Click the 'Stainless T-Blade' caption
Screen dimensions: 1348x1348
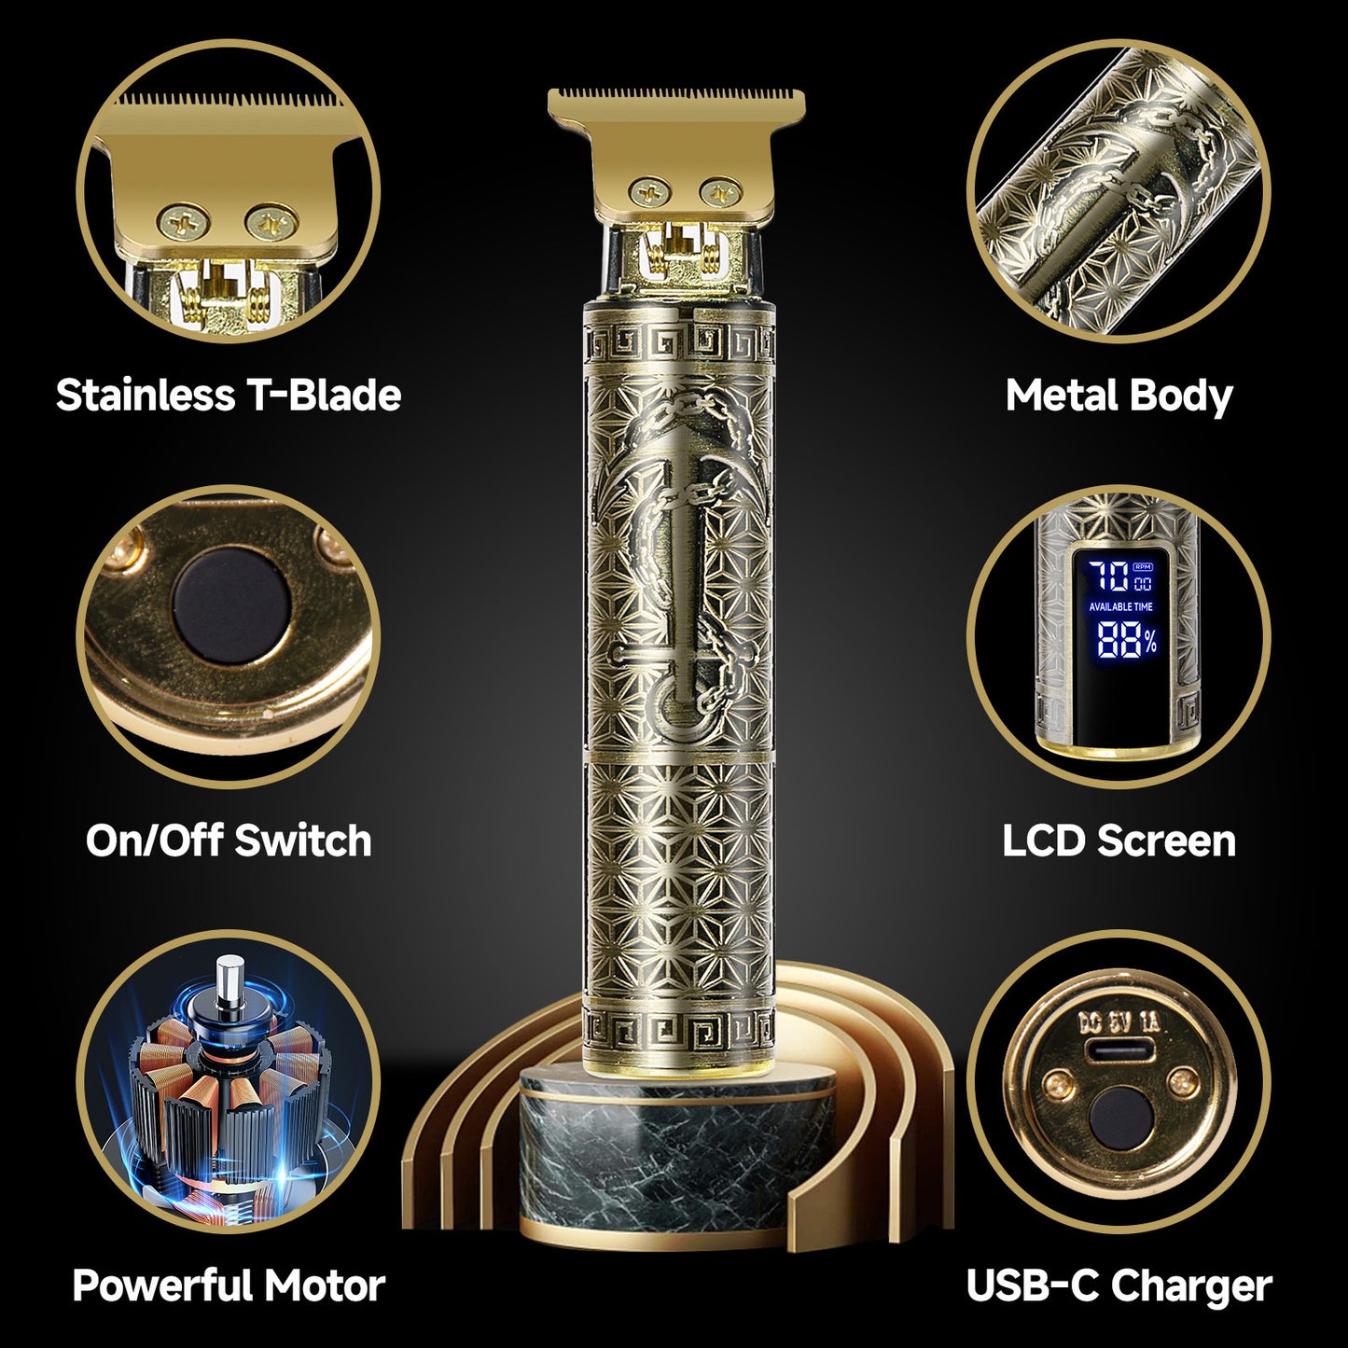pyautogui.click(x=229, y=395)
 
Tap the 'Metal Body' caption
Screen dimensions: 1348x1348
pyautogui.click(x=1119, y=395)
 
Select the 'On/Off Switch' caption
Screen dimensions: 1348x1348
pyautogui.click(x=229, y=841)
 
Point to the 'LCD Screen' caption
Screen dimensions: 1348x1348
pyautogui.click(x=1119, y=841)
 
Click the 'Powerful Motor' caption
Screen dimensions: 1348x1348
pyautogui.click(x=229, y=1285)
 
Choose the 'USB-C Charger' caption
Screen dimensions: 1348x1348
pyautogui.click(x=1119, y=1285)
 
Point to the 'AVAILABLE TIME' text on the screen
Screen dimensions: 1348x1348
pyautogui.click(x=1120, y=606)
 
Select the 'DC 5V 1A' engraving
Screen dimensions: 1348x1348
pyautogui.click(x=1119, y=1022)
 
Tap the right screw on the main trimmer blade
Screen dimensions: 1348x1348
pyautogui.click(x=716, y=193)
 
